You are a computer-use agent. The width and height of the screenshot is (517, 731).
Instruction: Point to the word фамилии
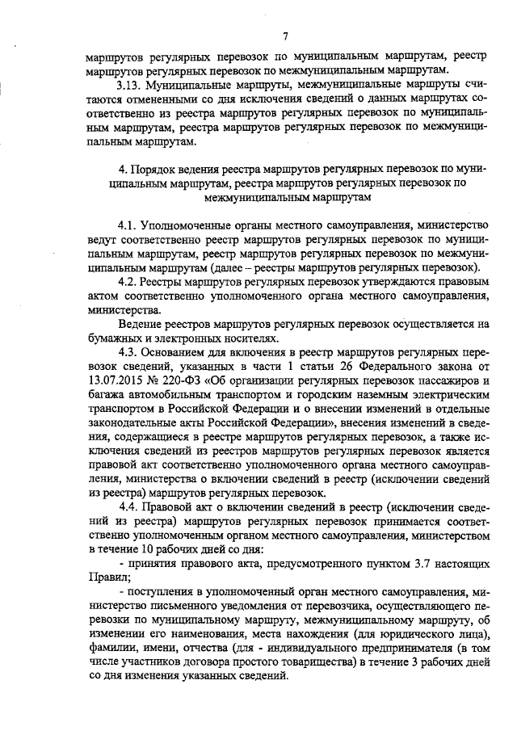(111, 652)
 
